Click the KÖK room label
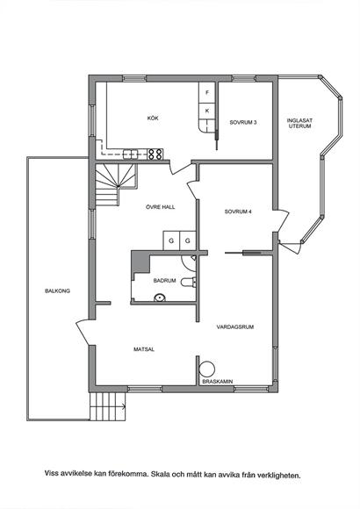(x=153, y=118)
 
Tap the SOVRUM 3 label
(x=243, y=122)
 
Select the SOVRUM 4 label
(x=238, y=211)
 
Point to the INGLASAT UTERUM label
(x=299, y=123)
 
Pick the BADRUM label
(x=164, y=281)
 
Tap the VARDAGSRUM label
(x=235, y=326)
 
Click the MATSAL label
(x=144, y=349)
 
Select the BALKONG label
(x=57, y=290)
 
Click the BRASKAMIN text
(x=218, y=382)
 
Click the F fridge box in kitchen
(x=207, y=92)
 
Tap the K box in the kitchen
(x=207, y=111)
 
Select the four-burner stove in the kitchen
(x=155, y=154)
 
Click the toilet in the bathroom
(x=189, y=283)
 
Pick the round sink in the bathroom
(x=159, y=298)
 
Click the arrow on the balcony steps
(x=124, y=405)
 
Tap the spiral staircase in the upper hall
(x=116, y=184)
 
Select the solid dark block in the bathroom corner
(x=139, y=262)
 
